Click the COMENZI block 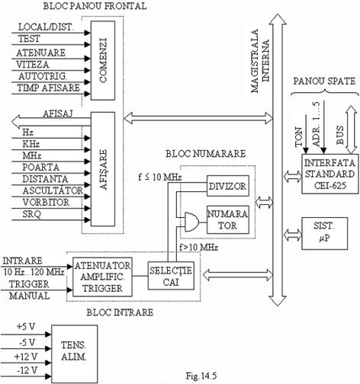[x=103, y=60]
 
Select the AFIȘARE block [x=103, y=169]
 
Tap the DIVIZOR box [x=228, y=186]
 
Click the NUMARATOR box [x=228, y=219]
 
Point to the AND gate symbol [x=191, y=222]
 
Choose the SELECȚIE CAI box [x=171, y=276]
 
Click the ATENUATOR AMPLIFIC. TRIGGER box [x=102, y=277]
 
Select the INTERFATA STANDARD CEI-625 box [x=330, y=174]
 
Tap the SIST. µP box [x=324, y=233]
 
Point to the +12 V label [x=26, y=357]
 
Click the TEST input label [x=29, y=39]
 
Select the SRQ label [x=31, y=214]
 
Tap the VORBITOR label [x=46, y=203]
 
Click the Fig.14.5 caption [x=201, y=376]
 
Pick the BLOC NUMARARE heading [x=206, y=154]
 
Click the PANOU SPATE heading [x=324, y=81]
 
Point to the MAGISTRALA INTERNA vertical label [x=260, y=61]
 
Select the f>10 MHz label [x=198, y=247]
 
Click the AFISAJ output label [x=58, y=114]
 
